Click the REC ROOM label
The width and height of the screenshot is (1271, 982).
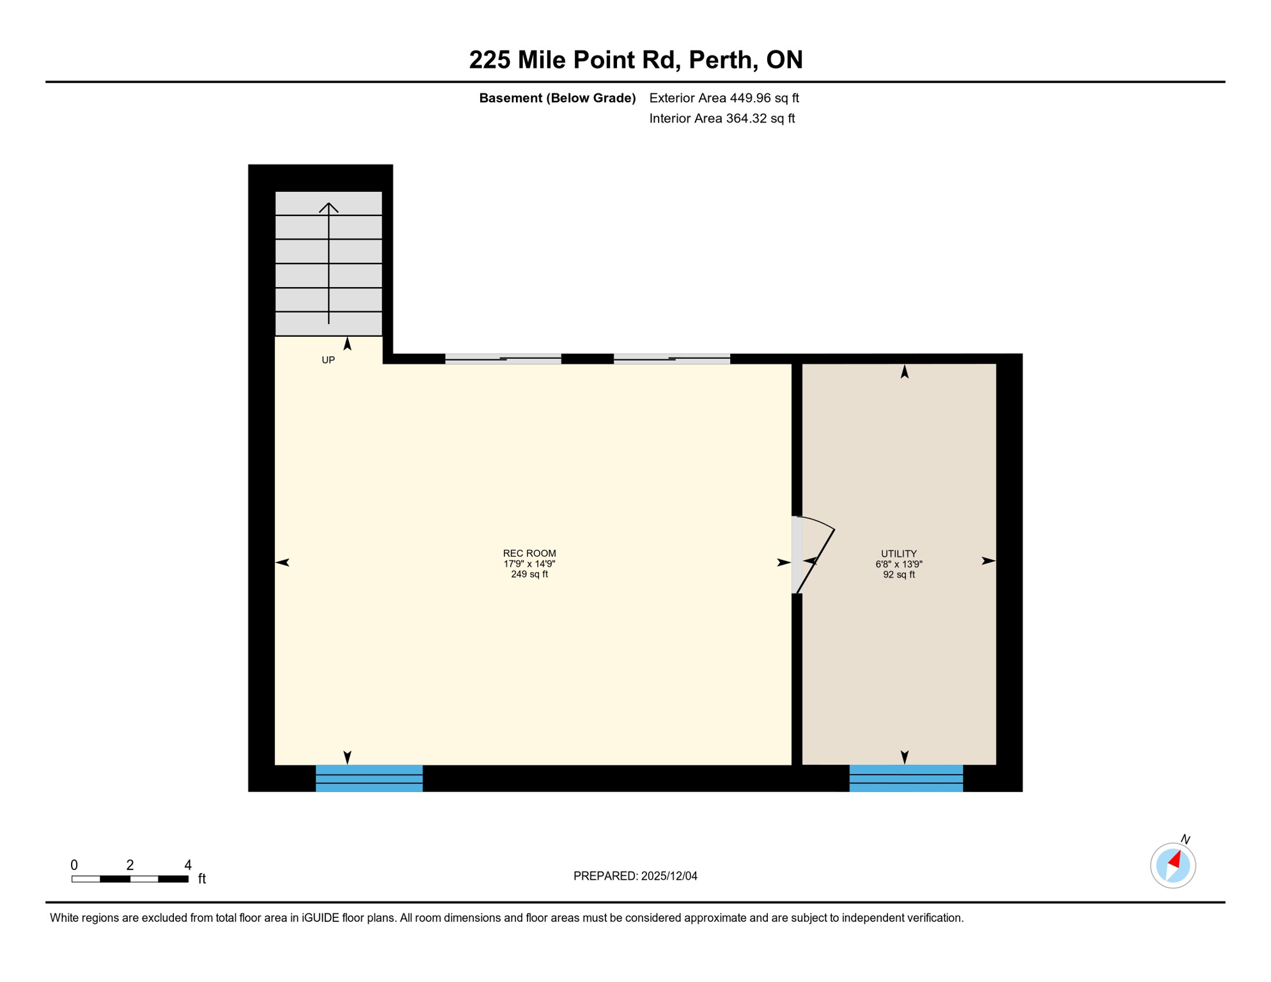point(529,554)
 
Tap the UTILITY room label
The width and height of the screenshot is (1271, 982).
point(898,554)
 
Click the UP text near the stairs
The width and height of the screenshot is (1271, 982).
point(328,360)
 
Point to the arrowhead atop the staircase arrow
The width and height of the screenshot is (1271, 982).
point(329,207)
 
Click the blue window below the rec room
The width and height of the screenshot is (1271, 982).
point(369,778)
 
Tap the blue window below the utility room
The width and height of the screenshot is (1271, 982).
point(905,778)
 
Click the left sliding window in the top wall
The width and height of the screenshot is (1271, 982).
point(503,359)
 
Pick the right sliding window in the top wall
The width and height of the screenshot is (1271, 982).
point(671,359)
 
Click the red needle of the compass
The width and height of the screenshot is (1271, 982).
point(1175,859)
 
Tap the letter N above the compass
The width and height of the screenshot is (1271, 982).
point(1185,839)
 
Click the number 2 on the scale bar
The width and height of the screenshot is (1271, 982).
point(130,865)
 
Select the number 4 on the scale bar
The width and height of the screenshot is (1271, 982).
point(188,865)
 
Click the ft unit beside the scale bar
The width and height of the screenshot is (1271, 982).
point(202,879)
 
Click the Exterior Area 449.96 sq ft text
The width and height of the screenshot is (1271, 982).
point(724,98)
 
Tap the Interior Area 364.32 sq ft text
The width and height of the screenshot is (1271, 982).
point(722,118)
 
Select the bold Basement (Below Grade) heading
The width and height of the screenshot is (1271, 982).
point(557,98)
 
